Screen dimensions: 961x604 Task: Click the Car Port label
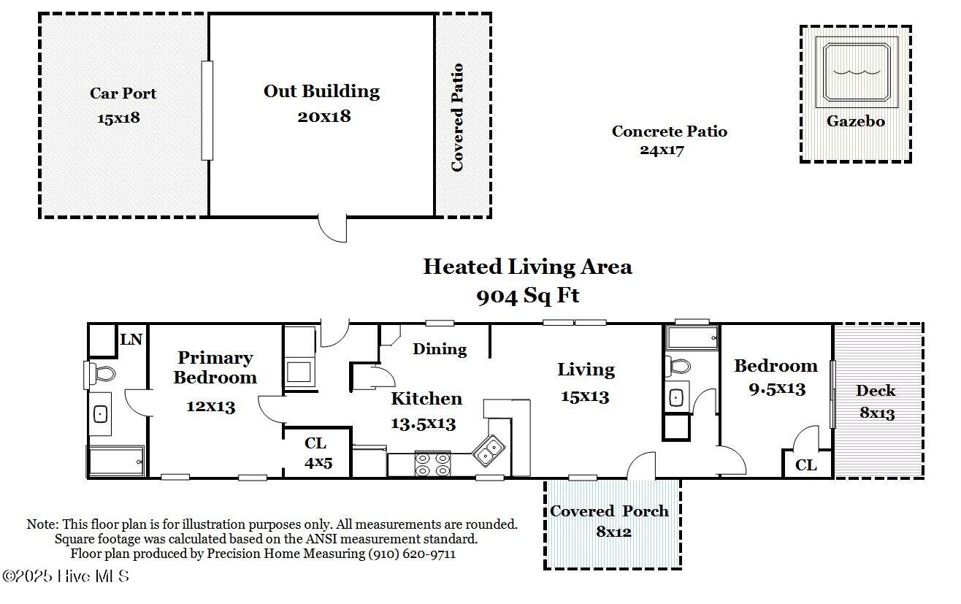123,93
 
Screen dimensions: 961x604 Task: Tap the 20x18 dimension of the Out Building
324,116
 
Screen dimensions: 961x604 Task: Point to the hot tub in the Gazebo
857,72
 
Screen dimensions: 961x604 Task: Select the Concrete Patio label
670,131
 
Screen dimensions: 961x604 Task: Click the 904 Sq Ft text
528,296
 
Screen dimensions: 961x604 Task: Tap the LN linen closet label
131,340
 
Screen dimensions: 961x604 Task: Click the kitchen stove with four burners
432,465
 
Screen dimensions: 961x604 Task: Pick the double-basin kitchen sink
489,451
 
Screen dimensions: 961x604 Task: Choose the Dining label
440,349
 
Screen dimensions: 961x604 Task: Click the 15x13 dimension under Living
585,397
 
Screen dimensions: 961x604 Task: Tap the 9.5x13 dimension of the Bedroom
778,389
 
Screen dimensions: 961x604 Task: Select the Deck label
876,391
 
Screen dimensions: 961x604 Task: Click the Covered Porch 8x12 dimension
614,532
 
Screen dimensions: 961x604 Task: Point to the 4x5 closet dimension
318,463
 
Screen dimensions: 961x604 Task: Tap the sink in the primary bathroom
100,414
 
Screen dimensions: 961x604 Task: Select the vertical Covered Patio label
457,118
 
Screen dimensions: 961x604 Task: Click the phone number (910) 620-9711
413,554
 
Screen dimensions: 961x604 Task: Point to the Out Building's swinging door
332,228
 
